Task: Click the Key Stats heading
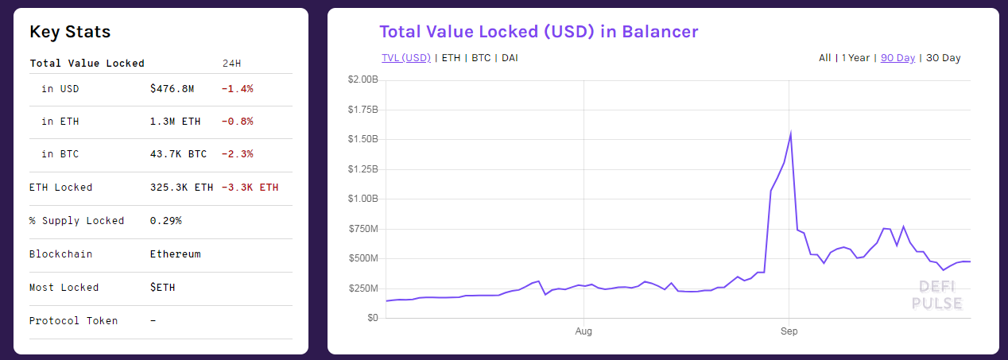70,33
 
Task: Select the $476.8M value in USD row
172,89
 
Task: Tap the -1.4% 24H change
237,89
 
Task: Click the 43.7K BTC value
178,154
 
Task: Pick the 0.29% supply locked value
165,221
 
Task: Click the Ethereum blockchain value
175,254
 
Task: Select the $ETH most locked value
162,288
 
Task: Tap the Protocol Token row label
73,321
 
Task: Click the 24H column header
232,63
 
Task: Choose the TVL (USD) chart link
405,58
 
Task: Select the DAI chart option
510,58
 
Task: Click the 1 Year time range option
855,58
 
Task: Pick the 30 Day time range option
944,58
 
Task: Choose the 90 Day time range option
898,58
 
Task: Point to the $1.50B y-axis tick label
362,139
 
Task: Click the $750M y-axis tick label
364,229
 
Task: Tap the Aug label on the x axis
583,331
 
